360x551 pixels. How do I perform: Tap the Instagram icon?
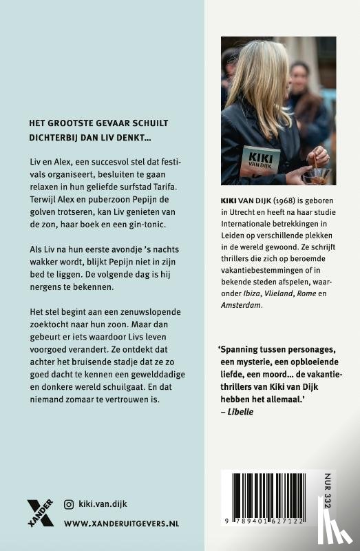[68, 504]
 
